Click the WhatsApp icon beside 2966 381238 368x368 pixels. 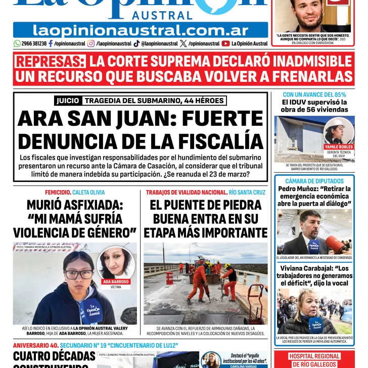(x=17, y=43)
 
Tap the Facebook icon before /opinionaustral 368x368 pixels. (x=50, y=43)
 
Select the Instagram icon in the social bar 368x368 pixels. (x=91, y=43)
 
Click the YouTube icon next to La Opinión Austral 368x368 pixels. (x=225, y=43)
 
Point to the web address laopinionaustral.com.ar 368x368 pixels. (x=141, y=30)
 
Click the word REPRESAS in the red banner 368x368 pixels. (x=50, y=62)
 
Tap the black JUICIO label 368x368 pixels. (x=67, y=101)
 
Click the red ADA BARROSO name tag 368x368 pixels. (x=116, y=282)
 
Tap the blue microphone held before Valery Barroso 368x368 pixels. (x=90, y=309)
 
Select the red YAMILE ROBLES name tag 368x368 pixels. (x=339, y=147)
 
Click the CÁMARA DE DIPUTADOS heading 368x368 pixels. (x=314, y=181)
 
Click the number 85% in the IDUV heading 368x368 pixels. (x=338, y=95)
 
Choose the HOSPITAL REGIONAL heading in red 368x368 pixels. (x=314, y=356)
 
